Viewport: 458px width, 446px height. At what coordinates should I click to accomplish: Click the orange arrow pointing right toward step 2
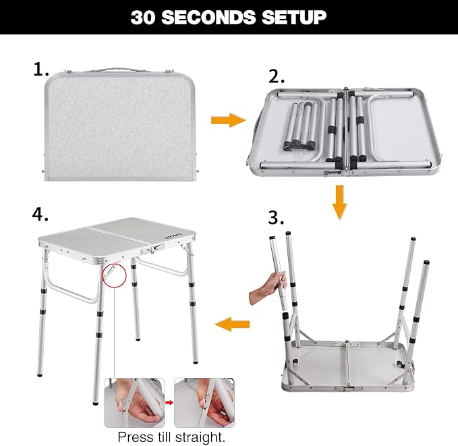tap(228, 120)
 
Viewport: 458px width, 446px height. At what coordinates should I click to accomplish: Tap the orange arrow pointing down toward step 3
tap(339, 204)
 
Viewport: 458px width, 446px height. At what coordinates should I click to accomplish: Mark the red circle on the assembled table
tap(114, 274)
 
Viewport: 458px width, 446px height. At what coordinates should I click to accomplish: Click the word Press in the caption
tap(134, 437)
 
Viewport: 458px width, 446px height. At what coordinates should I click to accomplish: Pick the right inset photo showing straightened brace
tap(204, 402)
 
